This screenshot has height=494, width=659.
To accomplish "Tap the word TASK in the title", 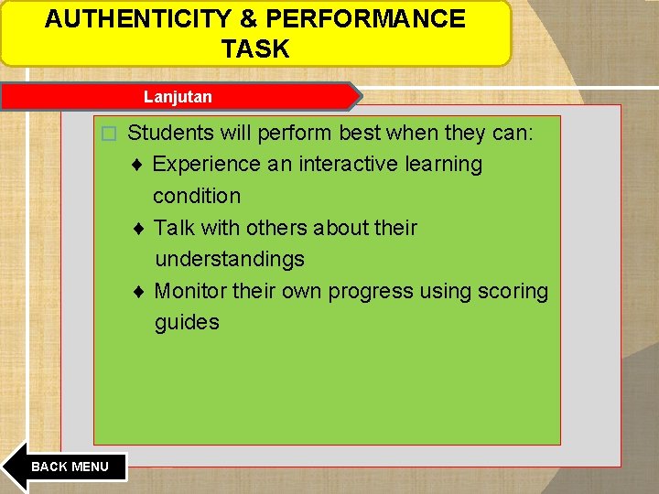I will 254,49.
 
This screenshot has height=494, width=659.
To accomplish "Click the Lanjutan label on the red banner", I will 178,96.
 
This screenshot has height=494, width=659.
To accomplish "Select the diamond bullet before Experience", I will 136,165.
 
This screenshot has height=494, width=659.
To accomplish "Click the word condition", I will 197,196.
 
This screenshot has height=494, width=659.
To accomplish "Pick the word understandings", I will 229,260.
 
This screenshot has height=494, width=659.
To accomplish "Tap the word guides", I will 187,323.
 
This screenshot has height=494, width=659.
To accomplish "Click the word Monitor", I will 190,292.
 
